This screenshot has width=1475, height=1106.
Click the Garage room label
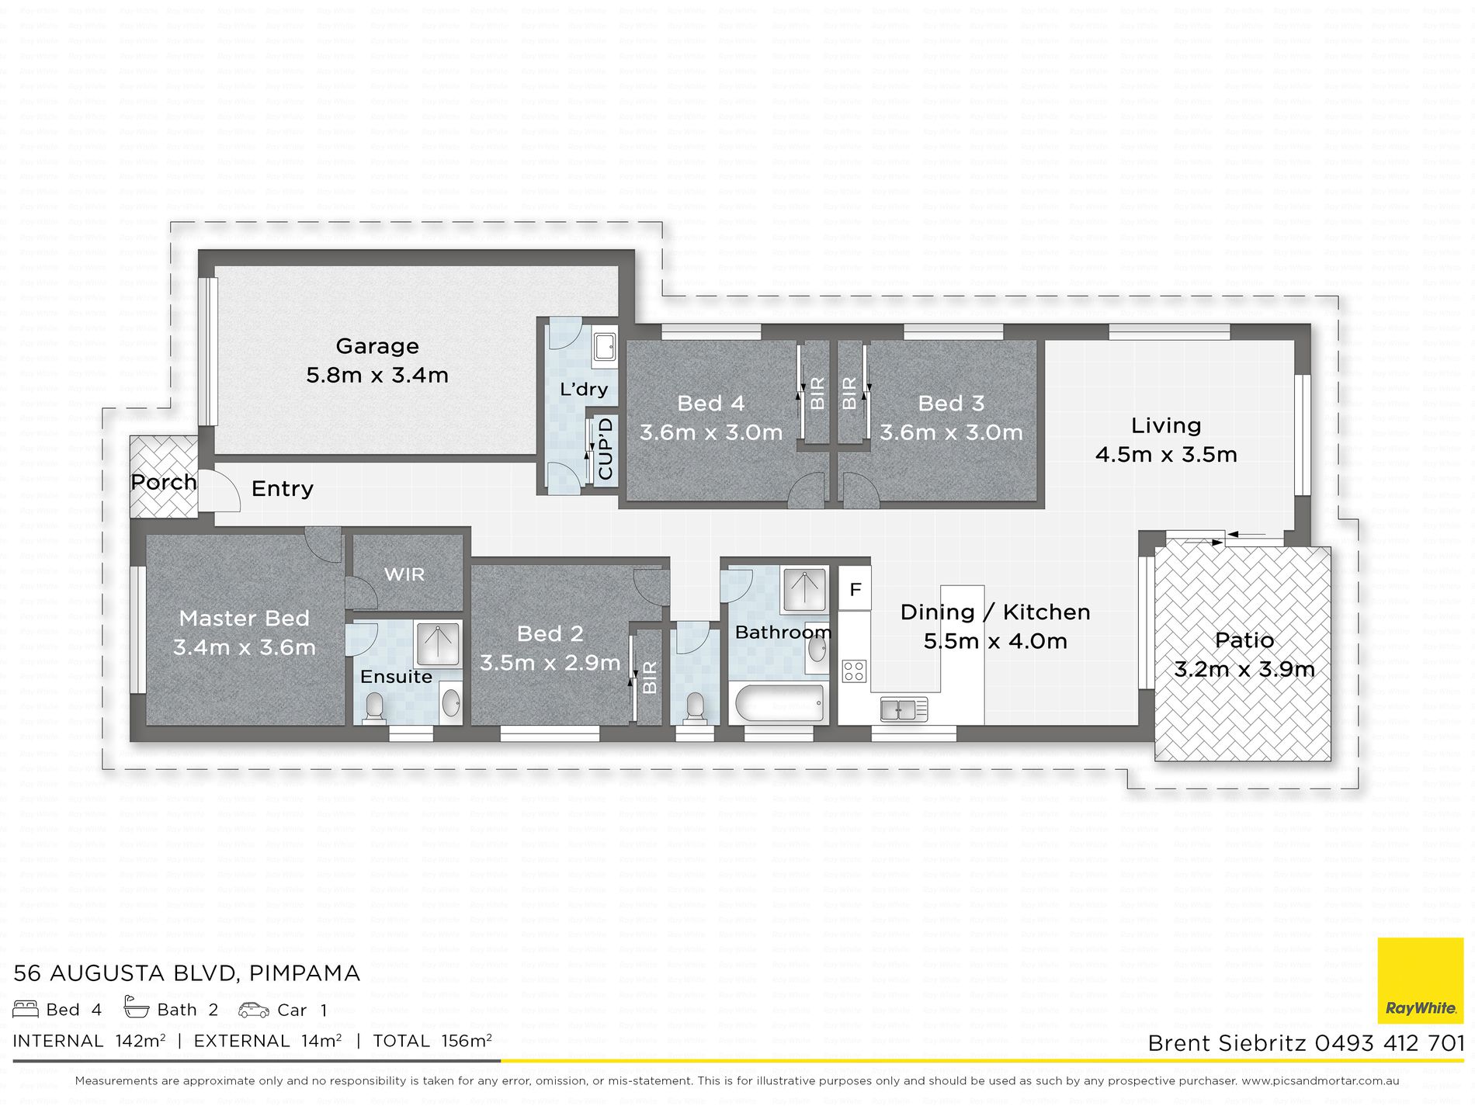pyautogui.click(x=377, y=346)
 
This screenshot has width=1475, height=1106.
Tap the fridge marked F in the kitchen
pyautogui.click(x=855, y=589)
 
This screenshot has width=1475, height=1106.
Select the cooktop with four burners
pyautogui.click(x=855, y=671)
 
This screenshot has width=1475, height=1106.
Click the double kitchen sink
pyautogui.click(x=904, y=709)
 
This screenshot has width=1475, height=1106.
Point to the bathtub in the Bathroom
pyautogui.click(x=779, y=704)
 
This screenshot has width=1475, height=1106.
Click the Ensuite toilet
pyautogui.click(x=374, y=708)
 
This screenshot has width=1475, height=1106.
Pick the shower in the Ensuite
pyautogui.click(x=439, y=643)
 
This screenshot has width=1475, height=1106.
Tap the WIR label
pyautogui.click(x=404, y=574)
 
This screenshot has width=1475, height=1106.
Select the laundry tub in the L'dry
pyautogui.click(x=605, y=348)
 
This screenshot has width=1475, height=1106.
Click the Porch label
pyautogui.click(x=164, y=482)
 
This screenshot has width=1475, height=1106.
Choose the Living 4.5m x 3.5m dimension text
pyautogui.click(x=1166, y=454)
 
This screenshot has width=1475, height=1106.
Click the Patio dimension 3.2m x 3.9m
pyautogui.click(x=1244, y=669)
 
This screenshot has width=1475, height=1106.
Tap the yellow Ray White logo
pyautogui.click(x=1421, y=981)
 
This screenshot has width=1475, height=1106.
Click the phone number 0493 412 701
pyautogui.click(x=1390, y=1043)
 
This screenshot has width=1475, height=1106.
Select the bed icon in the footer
pyautogui.click(x=26, y=1009)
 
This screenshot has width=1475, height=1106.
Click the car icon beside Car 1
pyautogui.click(x=254, y=1009)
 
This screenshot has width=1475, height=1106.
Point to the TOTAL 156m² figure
pyautogui.click(x=432, y=1041)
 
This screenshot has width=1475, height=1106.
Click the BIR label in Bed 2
pyautogui.click(x=650, y=677)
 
